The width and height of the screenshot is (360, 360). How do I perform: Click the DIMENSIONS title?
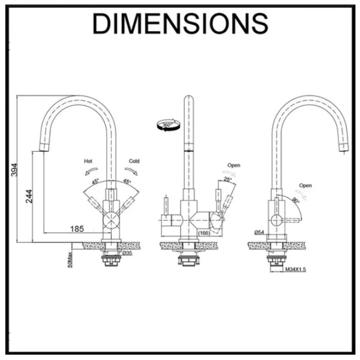[x=180, y=23]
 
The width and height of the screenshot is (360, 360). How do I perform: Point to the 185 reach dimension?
[x=77, y=228]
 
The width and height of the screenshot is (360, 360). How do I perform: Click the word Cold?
[x=133, y=161]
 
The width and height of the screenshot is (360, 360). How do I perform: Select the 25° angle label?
[x=227, y=179]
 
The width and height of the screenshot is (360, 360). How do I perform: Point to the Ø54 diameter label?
[x=259, y=232]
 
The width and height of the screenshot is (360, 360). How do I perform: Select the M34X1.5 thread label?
[x=296, y=269]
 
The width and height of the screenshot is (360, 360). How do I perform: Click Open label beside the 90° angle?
[x=305, y=186]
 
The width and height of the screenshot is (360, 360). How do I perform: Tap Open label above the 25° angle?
[x=233, y=165]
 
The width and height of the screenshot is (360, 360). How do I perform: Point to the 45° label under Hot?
[x=95, y=181]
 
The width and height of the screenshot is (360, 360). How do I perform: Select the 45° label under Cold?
[x=127, y=181]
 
